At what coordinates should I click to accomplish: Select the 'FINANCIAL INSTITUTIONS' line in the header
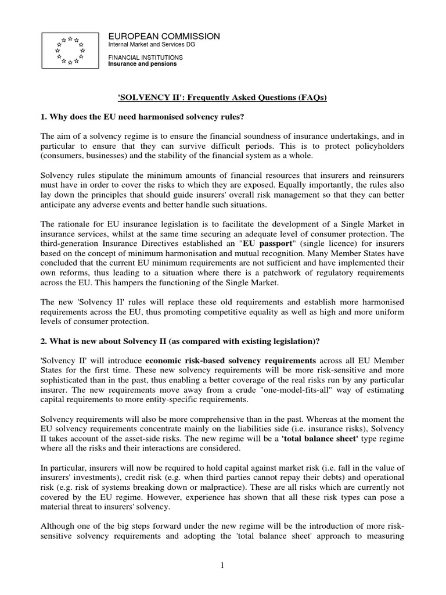pyautogui.click(x=146, y=58)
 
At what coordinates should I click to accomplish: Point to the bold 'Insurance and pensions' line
pyautogui.click(x=143, y=64)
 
